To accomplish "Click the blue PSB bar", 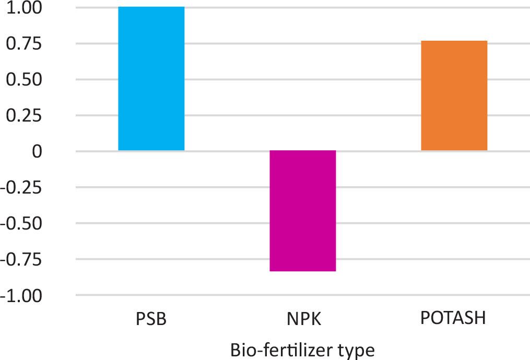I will pyautogui.click(x=151, y=79).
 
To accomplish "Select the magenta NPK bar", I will pyautogui.click(x=302, y=211).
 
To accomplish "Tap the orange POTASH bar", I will pyautogui.click(x=454, y=95).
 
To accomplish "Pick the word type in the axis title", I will pyautogui.click(x=357, y=351).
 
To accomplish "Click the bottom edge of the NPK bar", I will pyautogui.click(x=302, y=271).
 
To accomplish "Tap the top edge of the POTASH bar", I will pyautogui.click(x=454, y=41).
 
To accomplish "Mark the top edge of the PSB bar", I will pyautogui.click(x=151, y=7).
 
